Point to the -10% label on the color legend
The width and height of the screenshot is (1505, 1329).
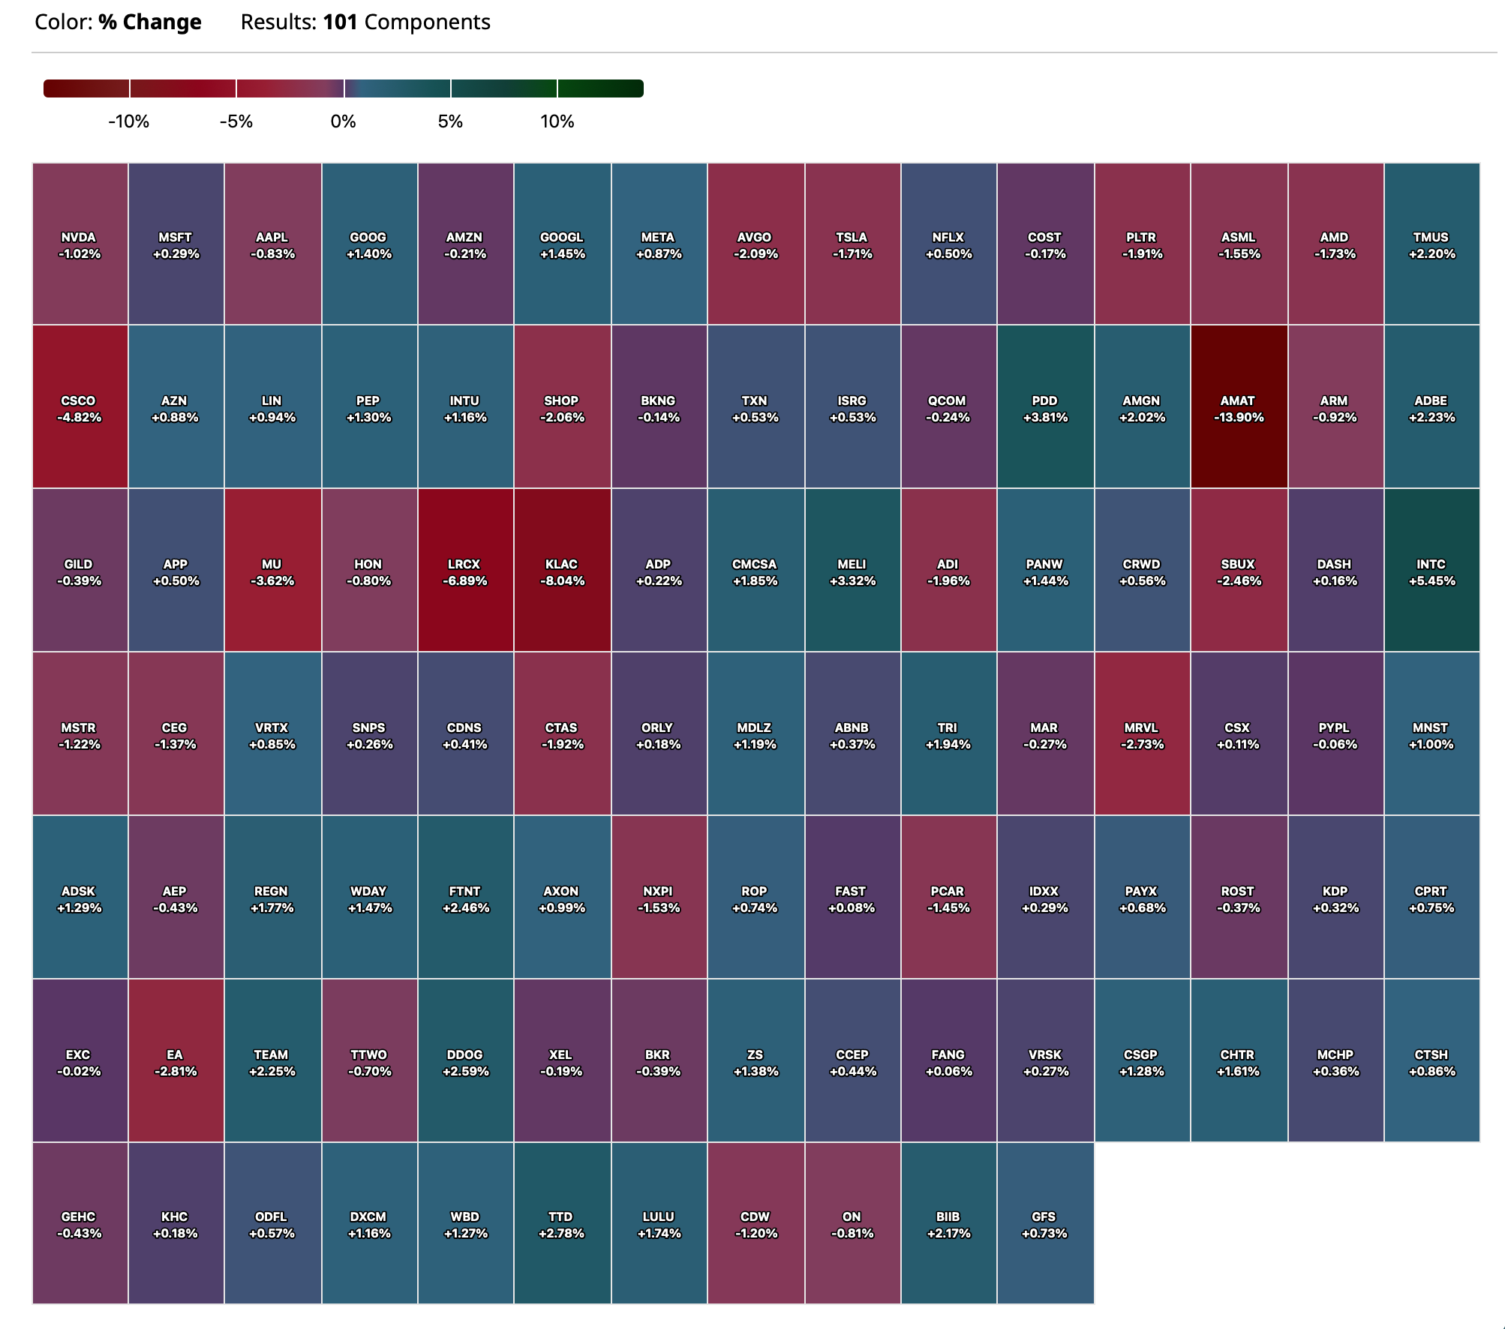pos(129,121)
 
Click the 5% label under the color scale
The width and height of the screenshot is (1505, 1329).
pos(450,121)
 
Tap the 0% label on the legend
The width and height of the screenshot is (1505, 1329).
pos(343,121)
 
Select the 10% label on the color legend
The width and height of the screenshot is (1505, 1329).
pos(557,121)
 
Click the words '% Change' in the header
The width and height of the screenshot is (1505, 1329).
pos(150,22)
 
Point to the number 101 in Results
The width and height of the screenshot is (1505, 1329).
pos(340,22)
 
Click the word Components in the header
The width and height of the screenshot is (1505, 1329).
pos(427,22)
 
